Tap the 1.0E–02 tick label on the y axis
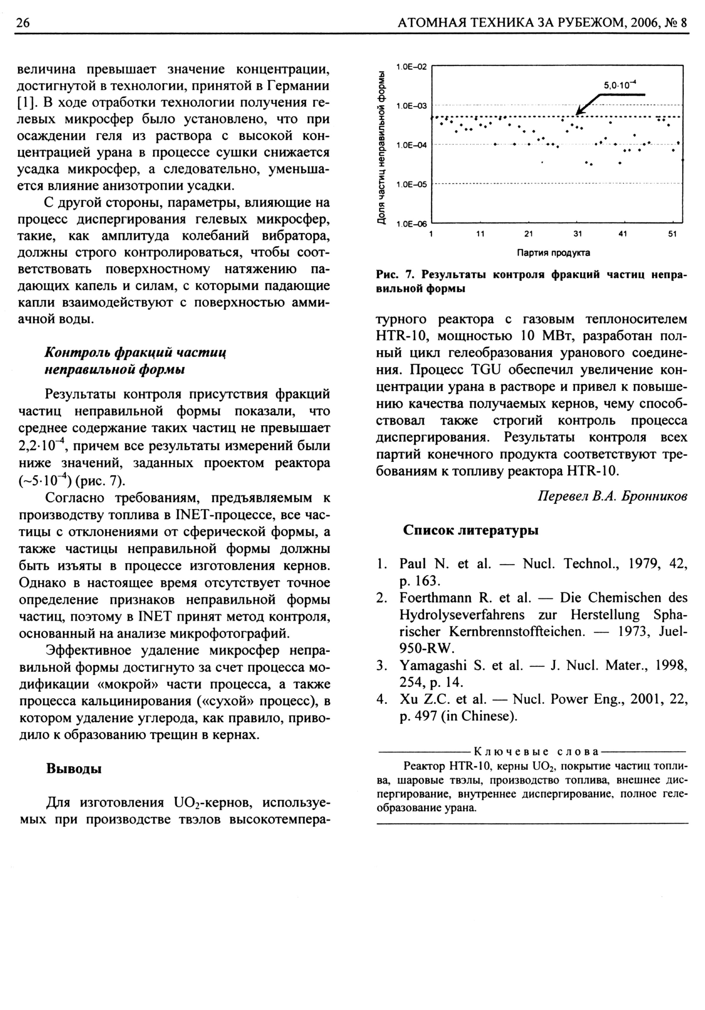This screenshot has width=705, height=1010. point(411,67)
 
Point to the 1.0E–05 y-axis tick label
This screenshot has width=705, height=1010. point(411,185)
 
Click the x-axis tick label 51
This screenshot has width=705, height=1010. point(672,234)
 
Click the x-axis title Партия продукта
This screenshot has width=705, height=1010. point(553,253)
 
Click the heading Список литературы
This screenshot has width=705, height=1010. point(470,530)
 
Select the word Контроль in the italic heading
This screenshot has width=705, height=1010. point(78,352)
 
